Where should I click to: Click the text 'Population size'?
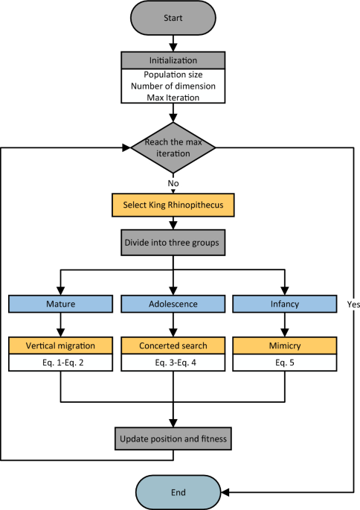(173, 75)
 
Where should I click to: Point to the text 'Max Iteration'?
(173, 98)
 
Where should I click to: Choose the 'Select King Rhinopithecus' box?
(173, 205)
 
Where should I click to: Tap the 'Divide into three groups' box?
(173, 243)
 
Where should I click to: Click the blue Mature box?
(60, 305)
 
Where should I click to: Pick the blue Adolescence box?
(173, 305)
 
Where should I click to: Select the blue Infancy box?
(286, 305)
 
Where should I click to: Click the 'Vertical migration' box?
(60, 346)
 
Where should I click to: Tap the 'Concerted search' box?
(173, 346)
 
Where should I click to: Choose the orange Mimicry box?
(286, 346)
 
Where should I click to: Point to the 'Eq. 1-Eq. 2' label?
(60, 363)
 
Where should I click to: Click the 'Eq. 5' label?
(286, 363)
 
